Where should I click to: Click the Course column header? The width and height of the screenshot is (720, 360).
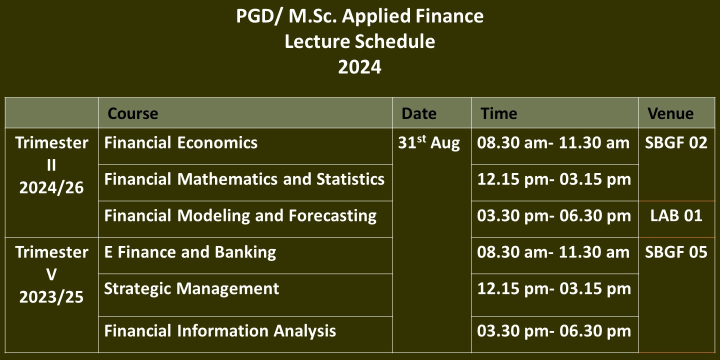point(133,113)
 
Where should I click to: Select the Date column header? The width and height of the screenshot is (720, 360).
point(419,113)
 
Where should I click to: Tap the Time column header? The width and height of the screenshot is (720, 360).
point(499,113)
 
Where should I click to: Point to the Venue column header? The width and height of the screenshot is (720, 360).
point(671,113)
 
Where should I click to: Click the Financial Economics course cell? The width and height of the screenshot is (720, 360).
point(181,142)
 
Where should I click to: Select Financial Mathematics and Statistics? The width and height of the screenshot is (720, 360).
point(244,179)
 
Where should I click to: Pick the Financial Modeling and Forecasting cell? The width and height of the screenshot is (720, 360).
point(240,215)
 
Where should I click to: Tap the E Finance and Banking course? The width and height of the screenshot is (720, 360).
point(190,252)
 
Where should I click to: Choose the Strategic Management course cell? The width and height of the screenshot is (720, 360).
point(191,288)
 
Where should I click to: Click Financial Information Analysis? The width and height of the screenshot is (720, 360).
point(220,331)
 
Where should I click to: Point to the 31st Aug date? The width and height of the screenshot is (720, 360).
point(429,142)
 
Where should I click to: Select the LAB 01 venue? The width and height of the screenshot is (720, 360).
point(676,215)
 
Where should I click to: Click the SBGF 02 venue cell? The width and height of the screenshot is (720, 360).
point(676,142)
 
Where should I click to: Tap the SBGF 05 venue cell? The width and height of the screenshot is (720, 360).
point(676,252)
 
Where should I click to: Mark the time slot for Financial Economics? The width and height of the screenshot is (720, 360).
point(553,142)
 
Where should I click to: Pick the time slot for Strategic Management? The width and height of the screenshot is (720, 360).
point(554,288)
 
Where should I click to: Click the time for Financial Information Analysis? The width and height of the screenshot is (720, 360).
point(554,331)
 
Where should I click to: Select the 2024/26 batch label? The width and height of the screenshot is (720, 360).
point(51,187)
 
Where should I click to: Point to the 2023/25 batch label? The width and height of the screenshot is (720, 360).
point(51,297)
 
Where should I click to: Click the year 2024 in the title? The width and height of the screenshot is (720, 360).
point(359,67)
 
